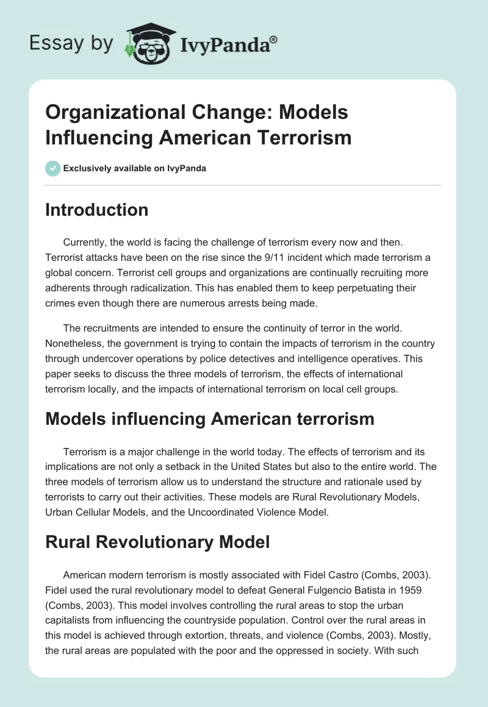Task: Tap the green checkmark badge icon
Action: click(53, 168)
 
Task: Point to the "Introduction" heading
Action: click(96, 210)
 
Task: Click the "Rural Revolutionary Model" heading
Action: click(157, 541)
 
